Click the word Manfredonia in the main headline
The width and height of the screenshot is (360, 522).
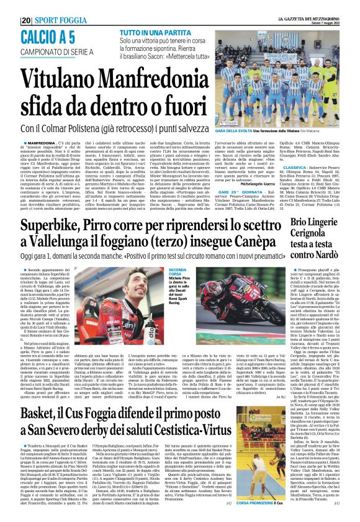pyautogui.click(x=143, y=79)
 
